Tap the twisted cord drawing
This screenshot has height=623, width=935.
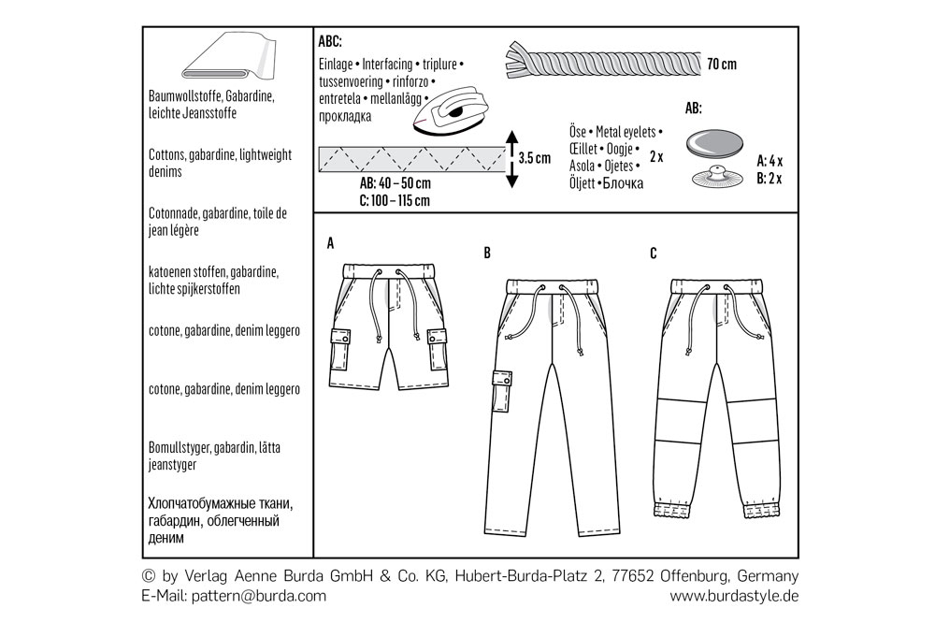pos(603,60)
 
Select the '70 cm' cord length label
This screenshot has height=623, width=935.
pos(722,64)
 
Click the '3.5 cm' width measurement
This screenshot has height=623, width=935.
pos(534,158)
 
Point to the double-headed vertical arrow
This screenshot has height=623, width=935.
pos(511,159)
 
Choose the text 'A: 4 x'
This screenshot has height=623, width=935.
pos(770,161)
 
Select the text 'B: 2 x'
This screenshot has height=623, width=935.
pos(770,179)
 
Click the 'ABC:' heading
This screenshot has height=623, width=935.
pos(330,41)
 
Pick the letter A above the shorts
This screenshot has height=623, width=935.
pos(330,243)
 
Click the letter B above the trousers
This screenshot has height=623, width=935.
pos(487,253)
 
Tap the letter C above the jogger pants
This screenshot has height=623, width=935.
pos(653,254)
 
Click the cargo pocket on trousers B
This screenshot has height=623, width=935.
pos(502,391)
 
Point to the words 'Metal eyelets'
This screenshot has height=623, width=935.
pos(626,132)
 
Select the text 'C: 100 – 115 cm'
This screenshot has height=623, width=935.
pos(395,200)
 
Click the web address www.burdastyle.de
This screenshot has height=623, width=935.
pos(734,596)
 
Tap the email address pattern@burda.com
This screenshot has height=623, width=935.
pos(259,596)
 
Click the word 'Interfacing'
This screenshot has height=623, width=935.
pos(387,64)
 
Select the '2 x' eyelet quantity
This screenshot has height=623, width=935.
pos(656,157)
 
